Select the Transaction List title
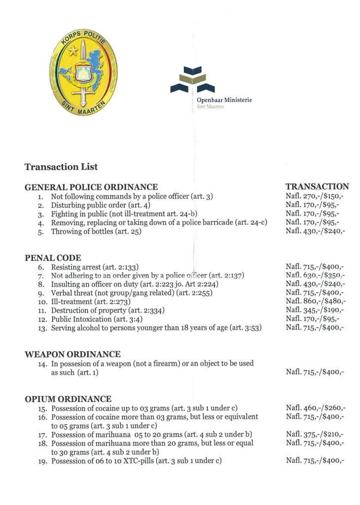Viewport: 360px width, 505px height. click(x=61, y=167)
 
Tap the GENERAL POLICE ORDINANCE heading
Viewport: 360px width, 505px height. click(x=91, y=187)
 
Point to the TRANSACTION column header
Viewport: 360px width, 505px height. click(x=317, y=186)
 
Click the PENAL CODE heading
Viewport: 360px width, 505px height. click(x=53, y=257)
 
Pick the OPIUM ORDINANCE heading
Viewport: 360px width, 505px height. click(x=68, y=398)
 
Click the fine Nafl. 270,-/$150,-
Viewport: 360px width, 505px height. click(x=315, y=196)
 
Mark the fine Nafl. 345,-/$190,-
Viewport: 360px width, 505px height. click(x=315, y=310)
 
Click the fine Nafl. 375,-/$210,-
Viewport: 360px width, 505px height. click(x=315, y=434)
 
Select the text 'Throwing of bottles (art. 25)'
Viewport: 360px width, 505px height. click(x=96, y=232)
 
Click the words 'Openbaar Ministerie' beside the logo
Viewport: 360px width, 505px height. click(x=224, y=100)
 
